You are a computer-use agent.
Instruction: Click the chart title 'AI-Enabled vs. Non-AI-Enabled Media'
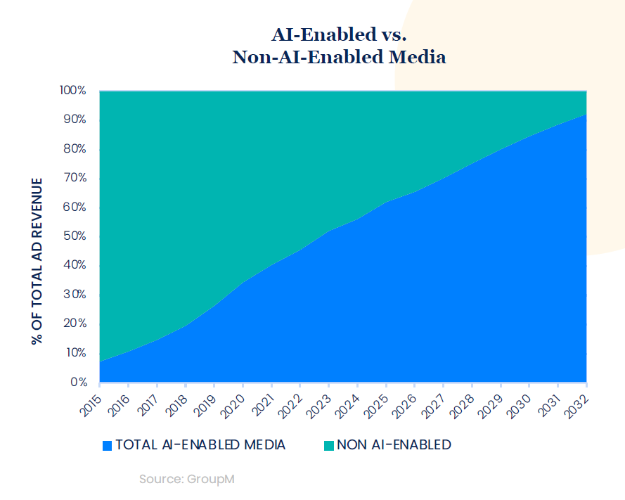339,46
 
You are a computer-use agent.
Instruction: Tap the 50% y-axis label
75,236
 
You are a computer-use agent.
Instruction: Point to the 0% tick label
78,382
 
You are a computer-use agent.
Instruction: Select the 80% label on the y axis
75,149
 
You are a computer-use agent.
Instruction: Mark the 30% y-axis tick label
75,295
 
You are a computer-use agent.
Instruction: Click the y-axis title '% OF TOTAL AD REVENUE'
37,261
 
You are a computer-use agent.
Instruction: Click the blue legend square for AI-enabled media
107,445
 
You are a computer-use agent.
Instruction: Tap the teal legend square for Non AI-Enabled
328,445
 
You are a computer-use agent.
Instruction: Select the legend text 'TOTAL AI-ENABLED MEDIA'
200,445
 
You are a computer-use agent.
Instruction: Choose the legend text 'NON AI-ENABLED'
394,445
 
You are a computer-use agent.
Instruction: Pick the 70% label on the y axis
75,178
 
